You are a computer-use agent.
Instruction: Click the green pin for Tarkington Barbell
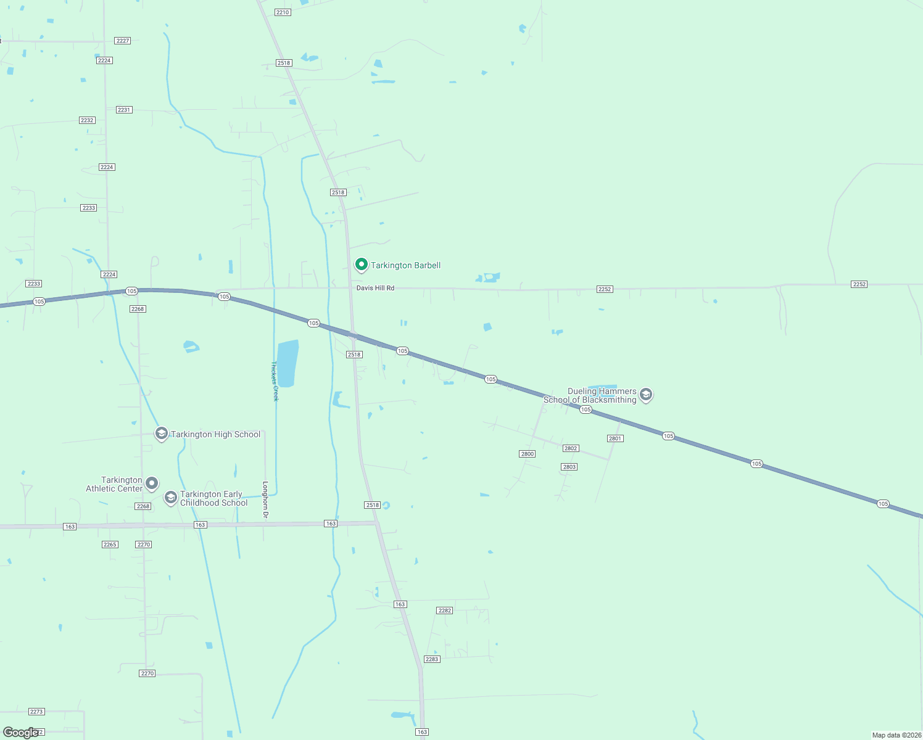362,265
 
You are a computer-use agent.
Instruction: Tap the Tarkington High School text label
215,434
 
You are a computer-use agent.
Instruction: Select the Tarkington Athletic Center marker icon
152,483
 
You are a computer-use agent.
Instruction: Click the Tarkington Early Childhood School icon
170,498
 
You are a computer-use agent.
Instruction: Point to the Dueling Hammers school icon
646,395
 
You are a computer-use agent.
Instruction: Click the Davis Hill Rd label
375,288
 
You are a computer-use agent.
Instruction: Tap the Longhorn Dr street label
266,499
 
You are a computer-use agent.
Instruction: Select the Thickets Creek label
275,381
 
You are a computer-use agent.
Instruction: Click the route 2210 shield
283,12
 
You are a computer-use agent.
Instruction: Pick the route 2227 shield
123,41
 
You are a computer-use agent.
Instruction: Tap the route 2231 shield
124,110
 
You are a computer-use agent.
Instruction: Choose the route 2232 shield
87,120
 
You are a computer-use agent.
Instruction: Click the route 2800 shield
527,454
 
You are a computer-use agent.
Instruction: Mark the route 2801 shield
615,438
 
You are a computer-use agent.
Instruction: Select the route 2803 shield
569,467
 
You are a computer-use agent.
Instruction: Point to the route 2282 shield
444,610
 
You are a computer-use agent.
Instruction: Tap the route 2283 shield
431,659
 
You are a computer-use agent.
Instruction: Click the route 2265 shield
110,545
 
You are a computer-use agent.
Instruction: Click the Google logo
21,733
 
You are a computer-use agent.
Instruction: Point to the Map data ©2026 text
896,735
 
